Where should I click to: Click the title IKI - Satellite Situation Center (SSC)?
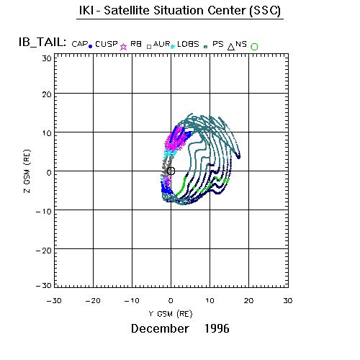[x=180, y=11]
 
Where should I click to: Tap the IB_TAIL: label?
[x=42, y=42]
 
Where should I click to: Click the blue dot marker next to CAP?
[x=91, y=47]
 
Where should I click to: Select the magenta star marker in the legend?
[x=123, y=47]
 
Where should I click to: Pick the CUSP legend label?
[x=107, y=44]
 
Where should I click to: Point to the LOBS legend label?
[x=188, y=44]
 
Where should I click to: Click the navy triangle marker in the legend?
[x=231, y=47]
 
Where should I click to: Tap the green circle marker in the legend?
[x=254, y=47]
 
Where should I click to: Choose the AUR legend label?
[x=161, y=44]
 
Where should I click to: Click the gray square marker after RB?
[x=149, y=47]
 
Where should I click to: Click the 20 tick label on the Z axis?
[x=47, y=94]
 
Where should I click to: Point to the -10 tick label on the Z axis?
[x=44, y=212]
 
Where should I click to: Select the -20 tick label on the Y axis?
[x=93, y=301]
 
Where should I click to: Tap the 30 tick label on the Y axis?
[x=288, y=301]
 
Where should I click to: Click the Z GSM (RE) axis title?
[x=27, y=171]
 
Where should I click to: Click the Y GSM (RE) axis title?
[x=171, y=314]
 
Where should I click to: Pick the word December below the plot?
[x=160, y=328]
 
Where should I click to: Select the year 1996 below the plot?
[x=217, y=328]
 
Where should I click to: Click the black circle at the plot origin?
[x=171, y=171]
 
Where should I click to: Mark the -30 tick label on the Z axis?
[x=44, y=286]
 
